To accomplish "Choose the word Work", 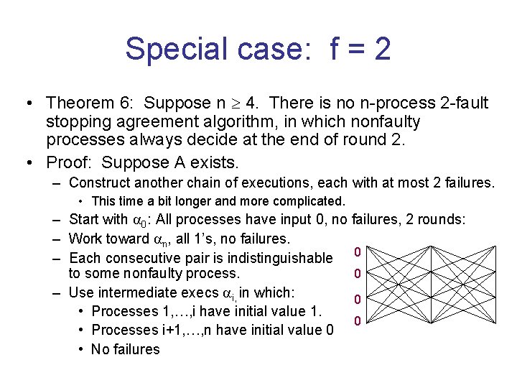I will pyautogui.click(x=83, y=239).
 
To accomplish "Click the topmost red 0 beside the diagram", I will pyautogui.click(x=357, y=251).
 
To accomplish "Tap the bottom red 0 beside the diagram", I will pyautogui.click(x=357, y=320).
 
